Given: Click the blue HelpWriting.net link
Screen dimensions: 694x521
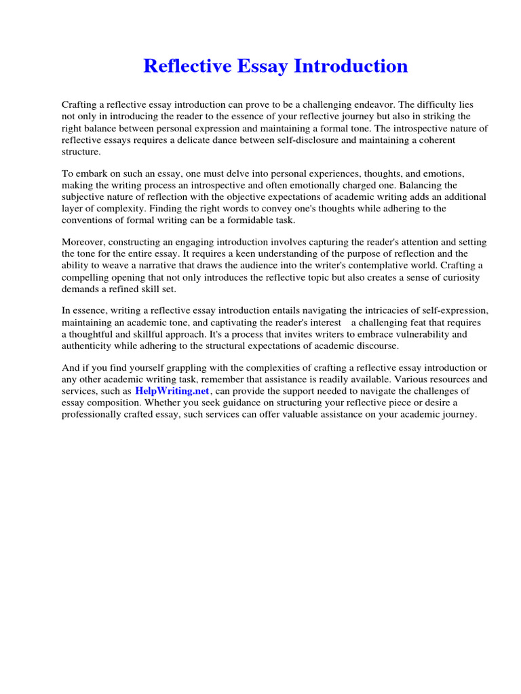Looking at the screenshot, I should pos(173,391).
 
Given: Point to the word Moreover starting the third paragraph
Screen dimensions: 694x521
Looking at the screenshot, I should pos(83,243).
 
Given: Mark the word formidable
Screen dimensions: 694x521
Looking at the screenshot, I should pos(254,220).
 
